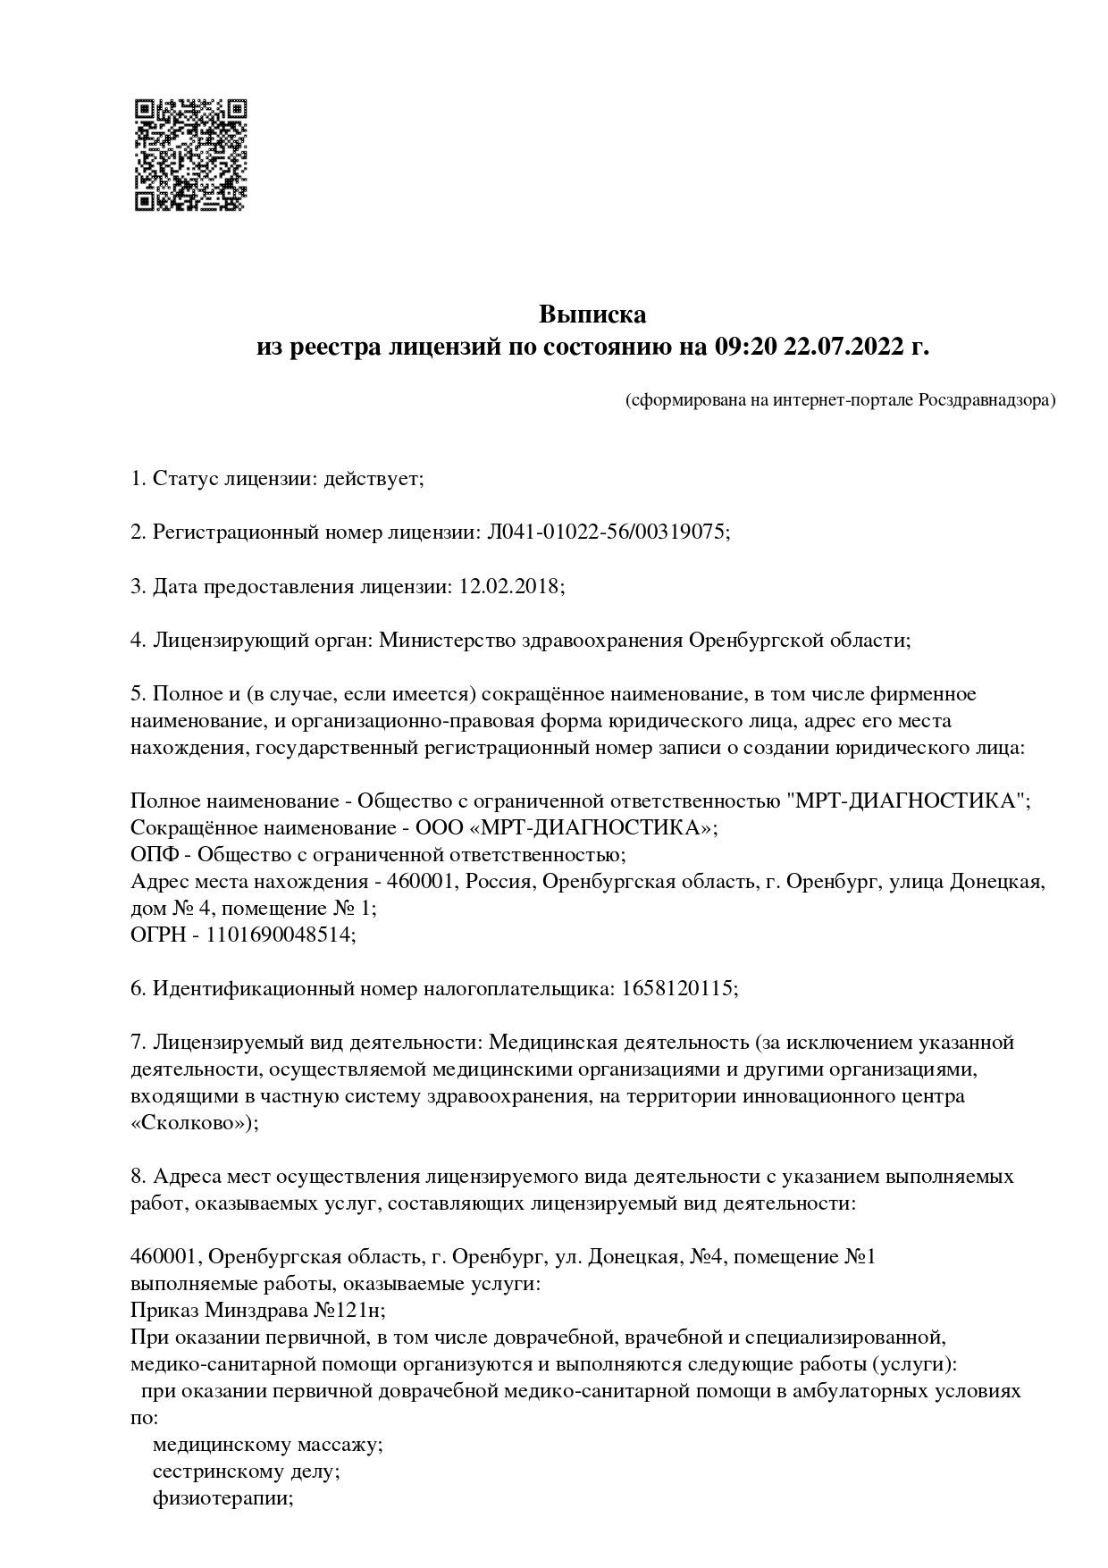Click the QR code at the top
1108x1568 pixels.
pyautogui.click(x=190, y=155)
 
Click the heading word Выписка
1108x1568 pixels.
pyautogui.click(x=592, y=314)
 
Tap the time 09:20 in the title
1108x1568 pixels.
pyautogui.click(x=744, y=347)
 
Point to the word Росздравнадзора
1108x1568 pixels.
pyautogui.click(x=986, y=399)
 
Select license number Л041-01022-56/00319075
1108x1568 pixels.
pyautogui.click(x=607, y=532)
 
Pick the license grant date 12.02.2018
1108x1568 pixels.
pyautogui.click(x=509, y=586)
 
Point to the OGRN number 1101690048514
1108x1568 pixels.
pyautogui.click(x=278, y=935)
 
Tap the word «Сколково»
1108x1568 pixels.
pyautogui.click(x=189, y=1123)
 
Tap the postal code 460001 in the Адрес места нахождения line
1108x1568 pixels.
pyautogui.click(x=424, y=882)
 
